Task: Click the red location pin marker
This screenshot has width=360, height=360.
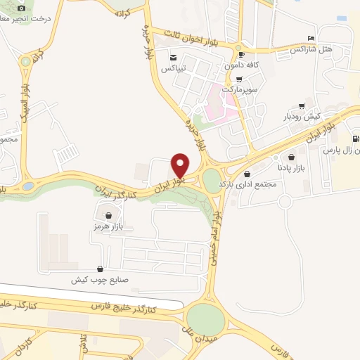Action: (x=180, y=165)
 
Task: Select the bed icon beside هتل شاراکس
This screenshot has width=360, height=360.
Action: (x=311, y=39)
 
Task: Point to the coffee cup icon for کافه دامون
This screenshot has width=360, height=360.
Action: (x=242, y=54)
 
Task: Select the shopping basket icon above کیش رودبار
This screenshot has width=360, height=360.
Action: (x=302, y=105)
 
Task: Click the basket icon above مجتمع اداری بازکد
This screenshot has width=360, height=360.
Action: (x=247, y=174)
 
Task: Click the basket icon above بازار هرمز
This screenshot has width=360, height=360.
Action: (x=108, y=216)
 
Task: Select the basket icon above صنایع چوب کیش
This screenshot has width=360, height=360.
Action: (x=100, y=269)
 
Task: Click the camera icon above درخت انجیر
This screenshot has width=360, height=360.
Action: (x=20, y=8)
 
